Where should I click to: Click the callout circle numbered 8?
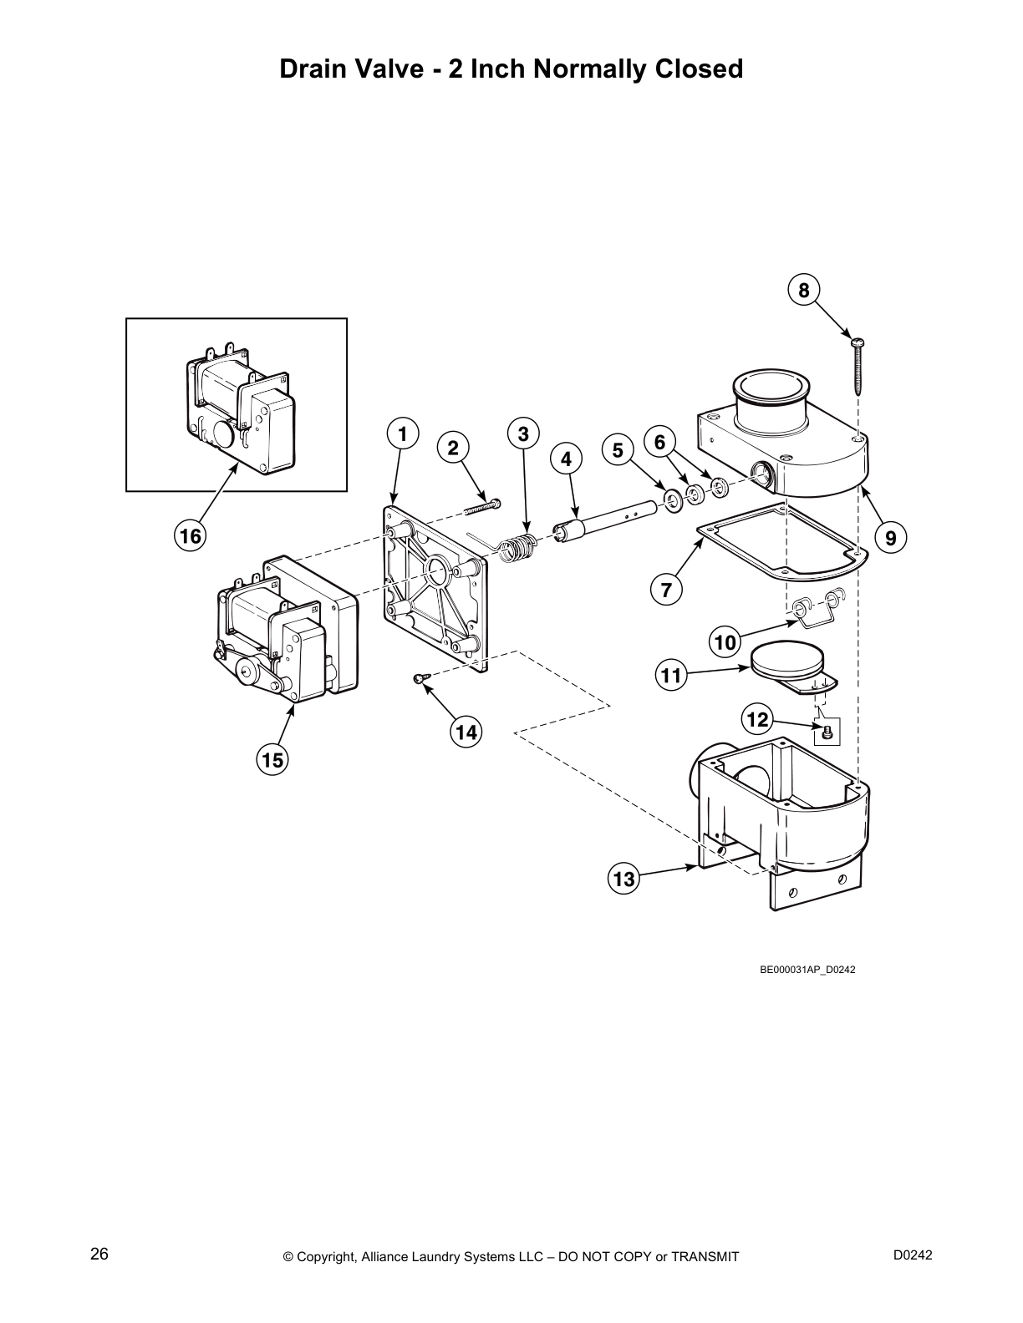pos(804,290)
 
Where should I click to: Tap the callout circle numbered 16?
pos(191,535)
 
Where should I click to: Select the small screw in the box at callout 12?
pos(827,732)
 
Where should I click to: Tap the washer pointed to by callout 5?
pos(671,500)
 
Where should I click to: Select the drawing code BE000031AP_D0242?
pos(807,970)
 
